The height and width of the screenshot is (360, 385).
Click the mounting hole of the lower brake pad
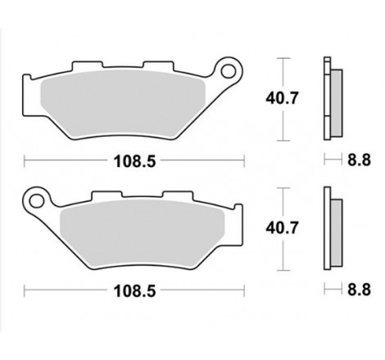34,197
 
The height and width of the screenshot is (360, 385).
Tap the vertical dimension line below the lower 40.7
283,258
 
